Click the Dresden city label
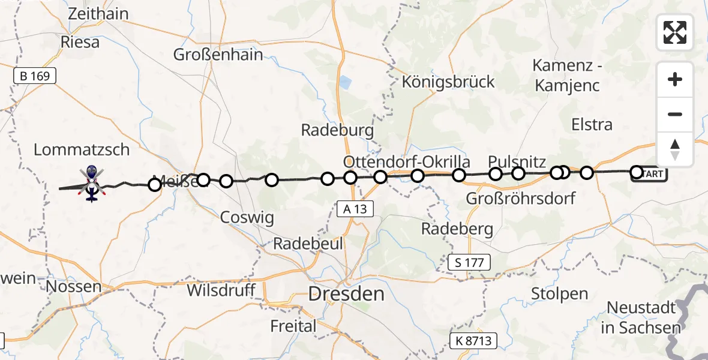pyautogui.click(x=346, y=294)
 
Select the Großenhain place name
pyautogui.click(x=218, y=55)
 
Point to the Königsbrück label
pyautogui.click(x=449, y=82)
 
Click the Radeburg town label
pyautogui.click(x=337, y=130)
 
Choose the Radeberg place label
pyautogui.click(x=457, y=228)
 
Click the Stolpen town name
pyautogui.click(x=559, y=294)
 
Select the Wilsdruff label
pyautogui.click(x=222, y=291)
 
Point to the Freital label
pyautogui.click(x=293, y=326)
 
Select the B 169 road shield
pyautogui.click(x=35, y=76)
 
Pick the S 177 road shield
pyautogui.click(x=470, y=262)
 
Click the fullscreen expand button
pyautogui.click(x=675, y=32)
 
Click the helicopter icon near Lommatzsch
pyautogui.click(x=92, y=183)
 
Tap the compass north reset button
pyautogui.click(x=675, y=149)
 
